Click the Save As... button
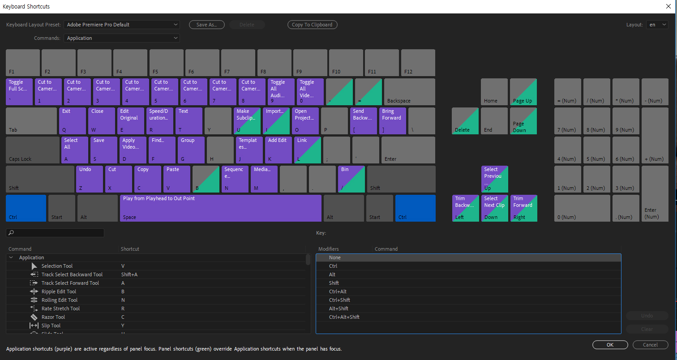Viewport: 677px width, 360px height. coord(206,25)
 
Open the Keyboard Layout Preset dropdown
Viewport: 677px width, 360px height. coord(121,25)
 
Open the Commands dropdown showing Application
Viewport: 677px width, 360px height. coord(121,38)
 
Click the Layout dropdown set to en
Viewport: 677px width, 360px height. coord(656,25)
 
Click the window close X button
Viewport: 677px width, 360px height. coord(668,6)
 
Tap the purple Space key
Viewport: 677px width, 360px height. coord(220,208)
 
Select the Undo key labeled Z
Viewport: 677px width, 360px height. coord(90,179)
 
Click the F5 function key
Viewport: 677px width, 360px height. coord(166,63)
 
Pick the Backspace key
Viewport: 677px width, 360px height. coord(409,92)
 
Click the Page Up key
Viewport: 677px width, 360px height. coord(523,92)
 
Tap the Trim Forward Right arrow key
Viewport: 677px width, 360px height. coord(523,208)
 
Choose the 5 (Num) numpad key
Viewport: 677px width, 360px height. coord(596,150)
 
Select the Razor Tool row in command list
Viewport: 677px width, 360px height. coord(53,317)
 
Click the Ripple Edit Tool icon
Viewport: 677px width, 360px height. coord(34,291)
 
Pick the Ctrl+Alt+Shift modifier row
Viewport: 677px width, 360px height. coord(344,317)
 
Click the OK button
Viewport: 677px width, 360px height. coord(610,345)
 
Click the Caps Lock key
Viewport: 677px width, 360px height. coord(32,150)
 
